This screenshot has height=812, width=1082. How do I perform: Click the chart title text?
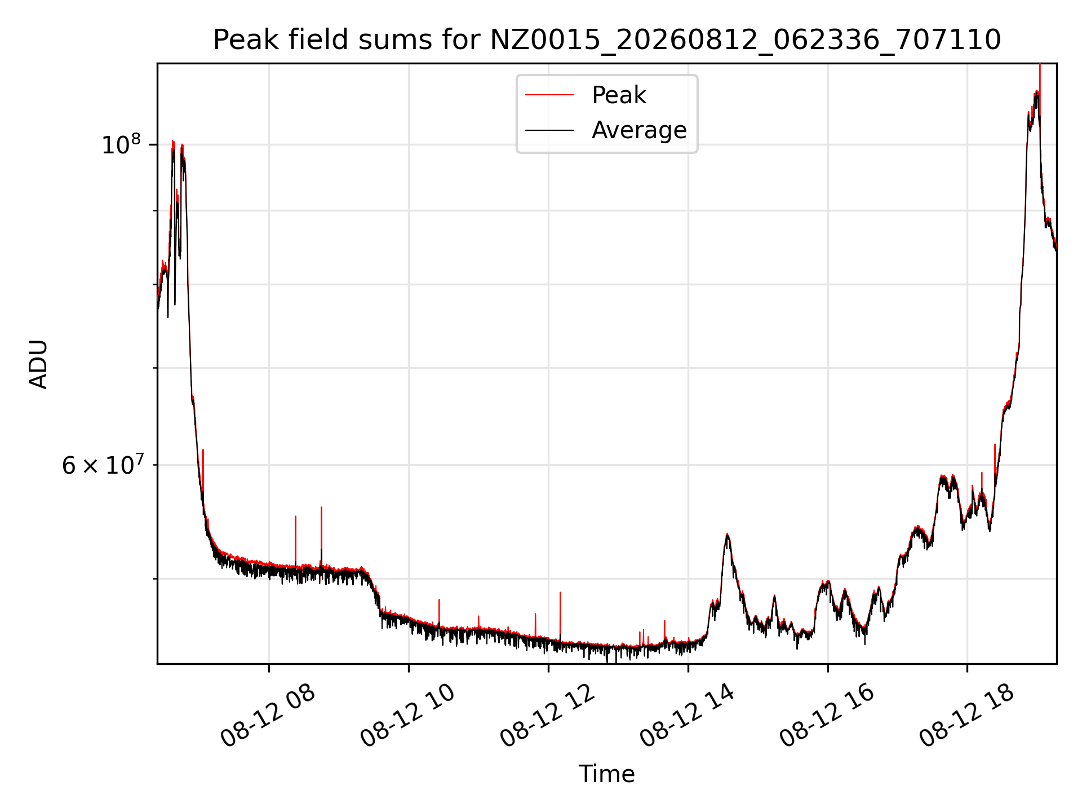coord(607,40)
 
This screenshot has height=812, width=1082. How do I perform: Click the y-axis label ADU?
coord(38,364)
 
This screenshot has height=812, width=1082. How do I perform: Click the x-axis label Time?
coord(607,774)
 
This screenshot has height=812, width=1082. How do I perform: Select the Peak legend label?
coord(619,95)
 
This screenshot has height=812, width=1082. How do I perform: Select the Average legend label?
coord(639,130)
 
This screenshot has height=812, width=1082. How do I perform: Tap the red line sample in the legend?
coord(549,95)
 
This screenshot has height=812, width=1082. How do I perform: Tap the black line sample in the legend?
coord(549,130)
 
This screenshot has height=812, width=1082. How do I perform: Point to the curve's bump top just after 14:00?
coord(728,534)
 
